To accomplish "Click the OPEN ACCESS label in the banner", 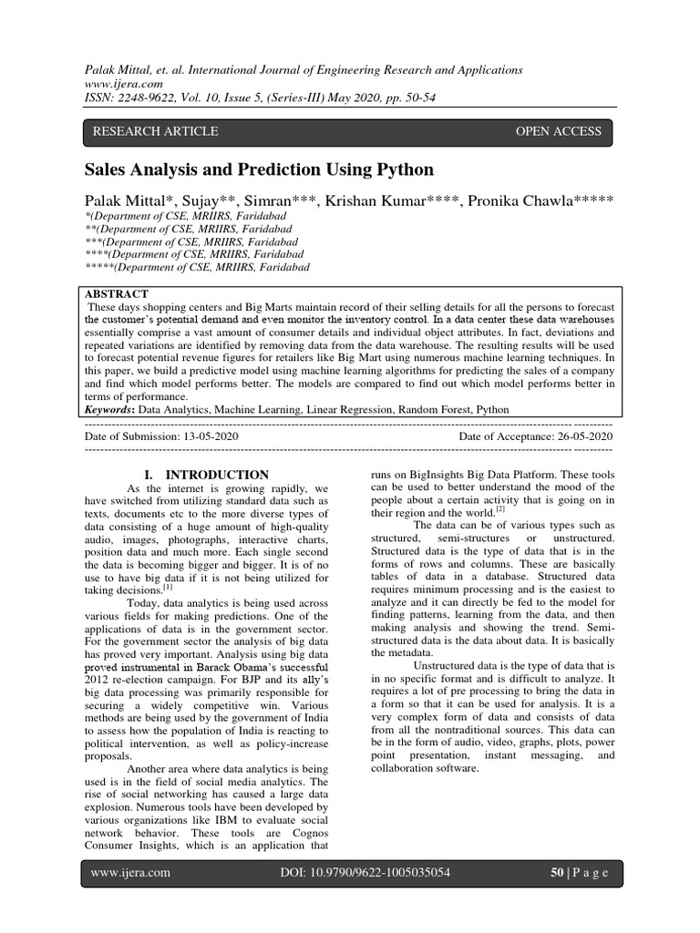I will click(x=558, y=131).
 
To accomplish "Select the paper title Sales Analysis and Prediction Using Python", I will click(x=259, y=169).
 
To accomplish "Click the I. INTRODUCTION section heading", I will click(x=207, y=475).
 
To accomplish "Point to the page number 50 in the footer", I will click(x=557, y=872).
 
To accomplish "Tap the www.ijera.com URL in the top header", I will click(x=118, y=85).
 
